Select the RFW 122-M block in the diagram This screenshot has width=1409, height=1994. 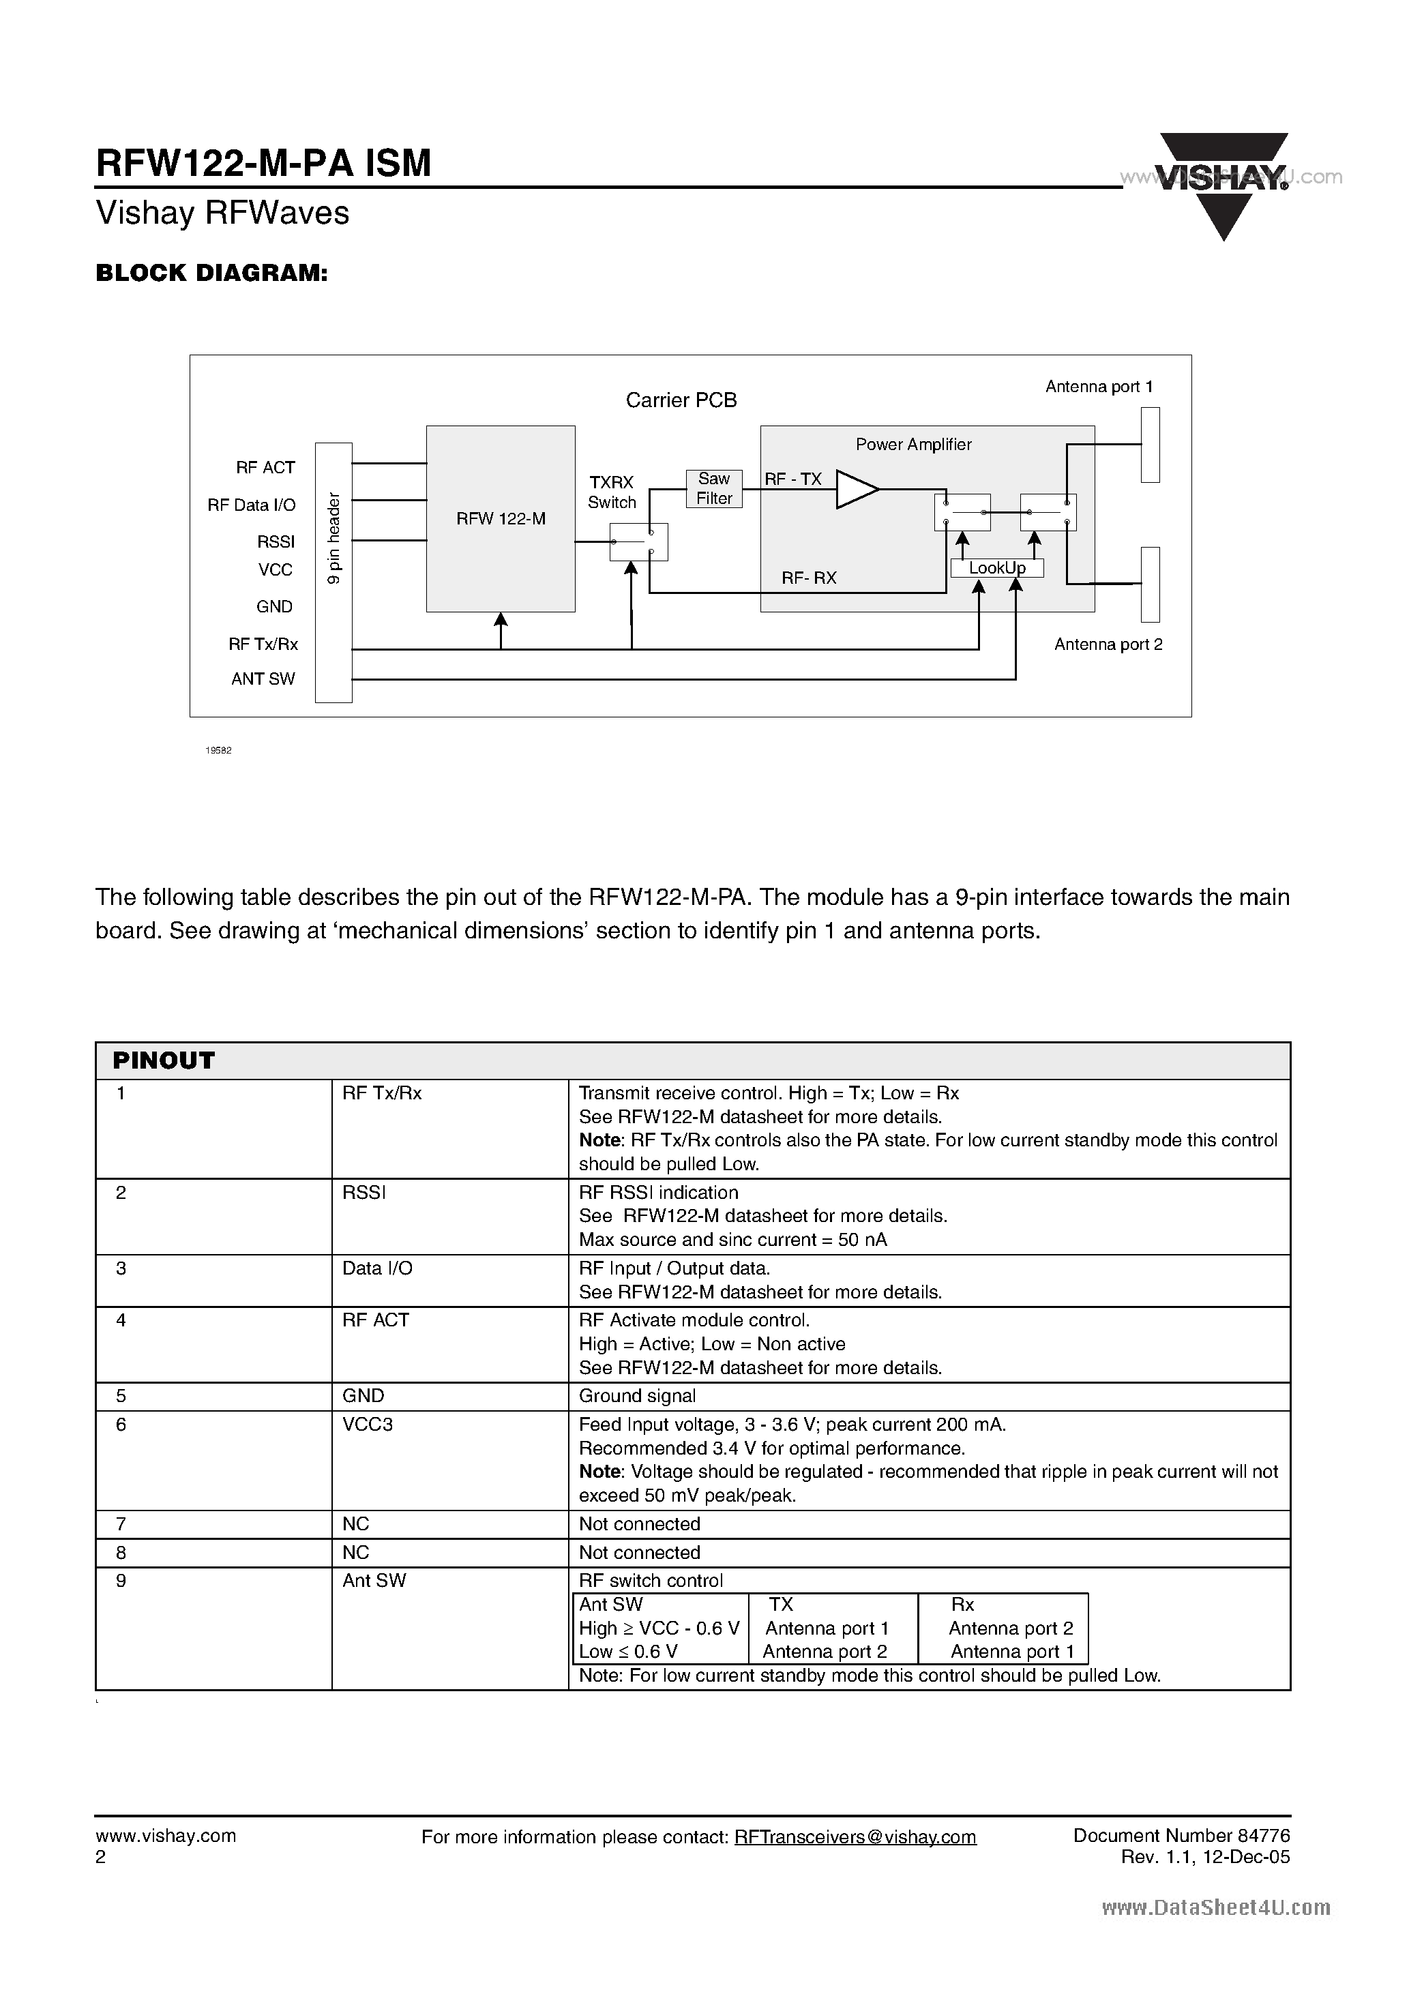501,518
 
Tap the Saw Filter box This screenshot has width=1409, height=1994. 714,489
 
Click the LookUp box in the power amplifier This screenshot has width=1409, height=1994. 996,568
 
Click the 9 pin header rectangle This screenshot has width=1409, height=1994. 333,571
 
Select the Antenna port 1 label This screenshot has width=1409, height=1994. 1099,387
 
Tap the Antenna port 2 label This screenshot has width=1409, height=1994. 1108,644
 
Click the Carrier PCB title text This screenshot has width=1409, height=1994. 681,400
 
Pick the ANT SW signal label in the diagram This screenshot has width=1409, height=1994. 263,679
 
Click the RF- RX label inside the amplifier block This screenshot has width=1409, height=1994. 808,578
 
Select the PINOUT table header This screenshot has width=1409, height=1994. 163,1060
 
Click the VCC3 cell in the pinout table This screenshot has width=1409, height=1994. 368,1425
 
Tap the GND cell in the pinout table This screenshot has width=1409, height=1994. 363,1396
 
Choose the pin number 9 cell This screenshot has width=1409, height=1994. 121,1581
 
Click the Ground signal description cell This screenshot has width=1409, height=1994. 638,1396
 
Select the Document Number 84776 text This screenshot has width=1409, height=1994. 1181,1835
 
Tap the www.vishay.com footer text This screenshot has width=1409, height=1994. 165,1835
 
